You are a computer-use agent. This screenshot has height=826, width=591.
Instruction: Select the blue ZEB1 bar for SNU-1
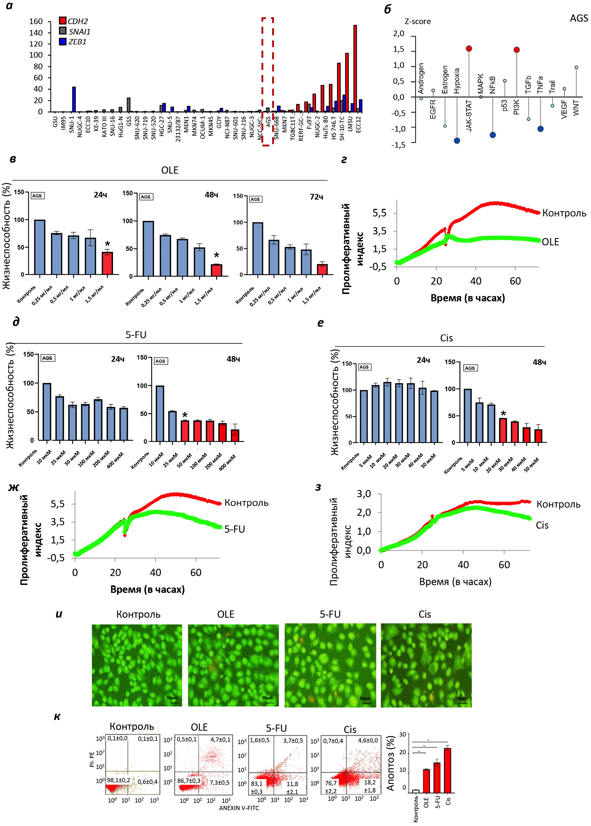(74, 99)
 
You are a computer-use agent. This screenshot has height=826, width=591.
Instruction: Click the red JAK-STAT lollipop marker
(469, 48)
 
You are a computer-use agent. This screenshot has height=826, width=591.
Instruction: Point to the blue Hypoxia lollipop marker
(457, 140)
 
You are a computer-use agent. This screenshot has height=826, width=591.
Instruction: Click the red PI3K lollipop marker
(516, 49)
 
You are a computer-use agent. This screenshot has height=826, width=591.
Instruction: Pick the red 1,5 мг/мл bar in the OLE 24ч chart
(107, 263)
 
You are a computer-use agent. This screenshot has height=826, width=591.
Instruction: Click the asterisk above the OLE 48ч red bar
(216, 255)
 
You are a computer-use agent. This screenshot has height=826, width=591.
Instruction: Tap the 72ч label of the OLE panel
(316, 197)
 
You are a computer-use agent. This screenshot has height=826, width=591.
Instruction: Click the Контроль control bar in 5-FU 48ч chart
(160, 413)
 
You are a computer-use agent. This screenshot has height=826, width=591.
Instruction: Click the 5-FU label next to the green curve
(234, 529)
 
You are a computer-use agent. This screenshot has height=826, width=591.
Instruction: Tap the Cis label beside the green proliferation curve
(542, 525)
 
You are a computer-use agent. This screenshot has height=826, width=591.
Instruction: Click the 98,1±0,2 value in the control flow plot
(118, 780)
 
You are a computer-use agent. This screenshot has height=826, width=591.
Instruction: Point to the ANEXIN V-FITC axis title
(239, 808)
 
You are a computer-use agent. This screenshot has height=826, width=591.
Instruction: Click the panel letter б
(388, 9)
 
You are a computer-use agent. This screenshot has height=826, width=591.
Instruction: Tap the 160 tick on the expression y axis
(36, 21)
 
